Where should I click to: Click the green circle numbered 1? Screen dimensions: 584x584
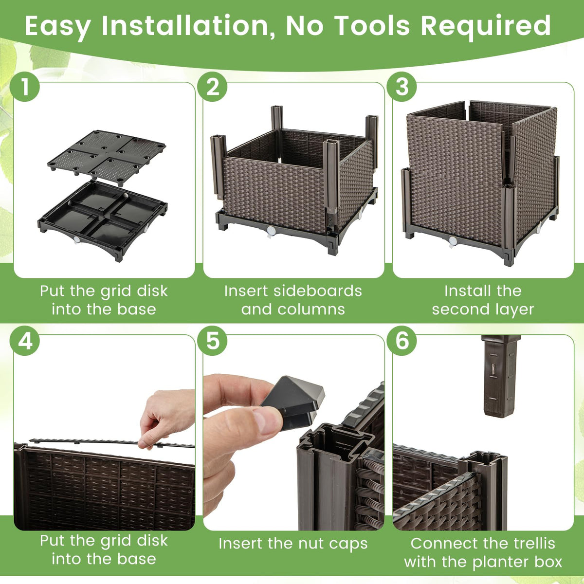click(24, 87)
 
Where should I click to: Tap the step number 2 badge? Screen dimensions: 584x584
click(212, 87)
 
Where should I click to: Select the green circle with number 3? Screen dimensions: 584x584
click(402, 87)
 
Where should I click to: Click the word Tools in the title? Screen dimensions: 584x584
click(372, 26)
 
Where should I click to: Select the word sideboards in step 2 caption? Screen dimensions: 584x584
click(318, 291)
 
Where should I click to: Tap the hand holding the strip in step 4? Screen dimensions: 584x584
click(166, 418)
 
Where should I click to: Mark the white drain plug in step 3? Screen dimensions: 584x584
click(453, 242)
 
